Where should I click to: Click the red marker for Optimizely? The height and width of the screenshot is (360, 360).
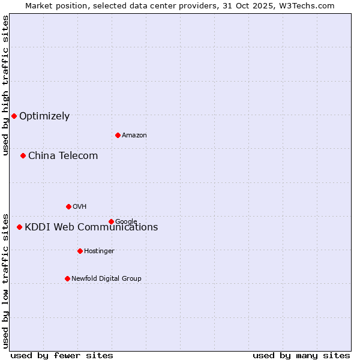click(x=14, y=116)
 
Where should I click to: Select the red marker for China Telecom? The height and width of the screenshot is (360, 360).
click(x=23, y=155)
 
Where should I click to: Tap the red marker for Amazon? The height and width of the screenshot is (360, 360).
click(x=118, y=135)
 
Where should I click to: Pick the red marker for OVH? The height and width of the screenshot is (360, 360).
click(x=68, y=206)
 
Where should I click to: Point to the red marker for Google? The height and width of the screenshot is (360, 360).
click(x=111, y=221)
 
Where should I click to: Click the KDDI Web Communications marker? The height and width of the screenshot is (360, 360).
click(x=19, y=227)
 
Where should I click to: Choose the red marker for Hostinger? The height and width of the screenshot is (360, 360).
click(x=80, y=251)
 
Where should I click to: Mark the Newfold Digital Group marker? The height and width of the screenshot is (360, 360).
click(x=67, y=278)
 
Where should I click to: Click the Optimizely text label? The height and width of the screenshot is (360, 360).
click(x=44, y=116)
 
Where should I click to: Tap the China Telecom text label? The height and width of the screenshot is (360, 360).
click(x=63, y=156)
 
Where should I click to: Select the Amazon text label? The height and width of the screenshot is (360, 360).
click(x=134, y=136)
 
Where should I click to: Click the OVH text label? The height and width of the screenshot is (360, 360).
click(x=80, y=207)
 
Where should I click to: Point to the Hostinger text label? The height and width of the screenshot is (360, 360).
click(x=99, y=251)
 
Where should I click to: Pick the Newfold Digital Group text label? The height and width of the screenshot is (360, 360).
click(x=106, y=279)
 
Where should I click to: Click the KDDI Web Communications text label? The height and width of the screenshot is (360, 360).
click(x=91, y=227)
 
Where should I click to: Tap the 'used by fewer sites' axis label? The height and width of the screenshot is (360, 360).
click(x=62, y=355)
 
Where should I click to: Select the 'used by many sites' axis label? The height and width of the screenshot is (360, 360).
click(x=301, y=355)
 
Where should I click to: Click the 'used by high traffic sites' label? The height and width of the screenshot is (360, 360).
click(x=5, y=85)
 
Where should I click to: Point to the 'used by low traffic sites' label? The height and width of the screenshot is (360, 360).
click(x=5, y=280)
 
